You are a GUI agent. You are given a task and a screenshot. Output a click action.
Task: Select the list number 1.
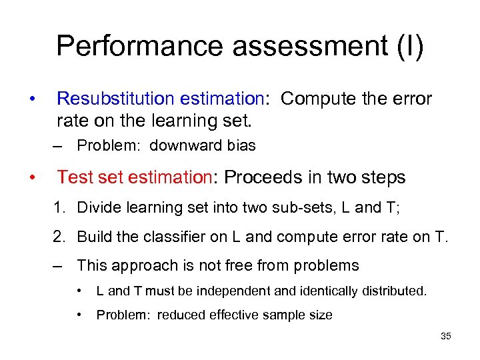click(58, 208)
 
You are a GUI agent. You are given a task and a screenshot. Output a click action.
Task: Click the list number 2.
click(58, 237)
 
